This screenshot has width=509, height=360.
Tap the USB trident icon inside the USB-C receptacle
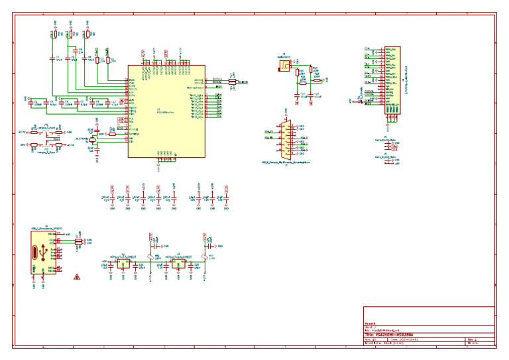click(44, 253)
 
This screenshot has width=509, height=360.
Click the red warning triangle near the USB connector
click(78, 276)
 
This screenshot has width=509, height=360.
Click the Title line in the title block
click(398, 335)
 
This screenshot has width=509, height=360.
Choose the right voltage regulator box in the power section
click(178, 263)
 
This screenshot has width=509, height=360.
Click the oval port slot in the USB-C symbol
click(35, 253)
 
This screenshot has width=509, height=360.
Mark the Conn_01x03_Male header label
click(386, 141)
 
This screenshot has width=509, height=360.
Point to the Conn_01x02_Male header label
click(386, 156)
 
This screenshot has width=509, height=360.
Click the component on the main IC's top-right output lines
click(232, 82)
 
